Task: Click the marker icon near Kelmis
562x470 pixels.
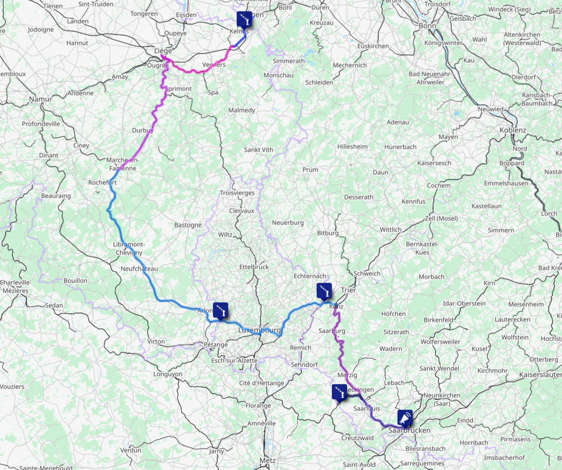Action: click(x=244, y=19)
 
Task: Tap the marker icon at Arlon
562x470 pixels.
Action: click(x=221, y=310)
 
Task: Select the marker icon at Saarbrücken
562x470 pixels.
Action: click(x=405, y=418)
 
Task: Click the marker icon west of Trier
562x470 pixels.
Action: click(x=324, y=291)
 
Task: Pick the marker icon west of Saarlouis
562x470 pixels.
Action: click(x=339, y=392)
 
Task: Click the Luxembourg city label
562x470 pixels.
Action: click(x=259, y=330)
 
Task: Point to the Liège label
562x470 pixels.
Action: click(x=163, y=50)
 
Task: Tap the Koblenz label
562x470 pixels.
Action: click(x=513, y=130)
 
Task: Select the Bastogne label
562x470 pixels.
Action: click(x=188, y=225)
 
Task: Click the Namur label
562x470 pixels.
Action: click(x=40, y=99)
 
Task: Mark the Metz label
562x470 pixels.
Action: click(x=267, y=460)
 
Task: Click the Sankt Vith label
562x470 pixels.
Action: click(x=258, y=150)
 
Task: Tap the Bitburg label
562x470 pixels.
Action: click(x=328, y=233)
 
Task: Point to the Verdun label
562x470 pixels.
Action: click(x=131, y=450)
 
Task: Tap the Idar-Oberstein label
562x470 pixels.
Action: click(x=464, y=303)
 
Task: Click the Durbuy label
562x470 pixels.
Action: click(x=143, y=130)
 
